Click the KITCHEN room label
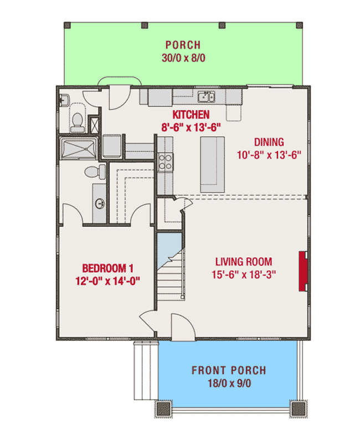pos(191,115)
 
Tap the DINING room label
pos(268,141)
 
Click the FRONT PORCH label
pos(228,370)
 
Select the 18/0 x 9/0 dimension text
pos(228,383)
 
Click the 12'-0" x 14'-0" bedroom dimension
pos(106,280)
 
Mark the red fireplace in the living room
pos(303,270)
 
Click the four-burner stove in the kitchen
pos(164,162)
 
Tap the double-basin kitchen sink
pos(207,98)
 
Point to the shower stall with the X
pos(95,124)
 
